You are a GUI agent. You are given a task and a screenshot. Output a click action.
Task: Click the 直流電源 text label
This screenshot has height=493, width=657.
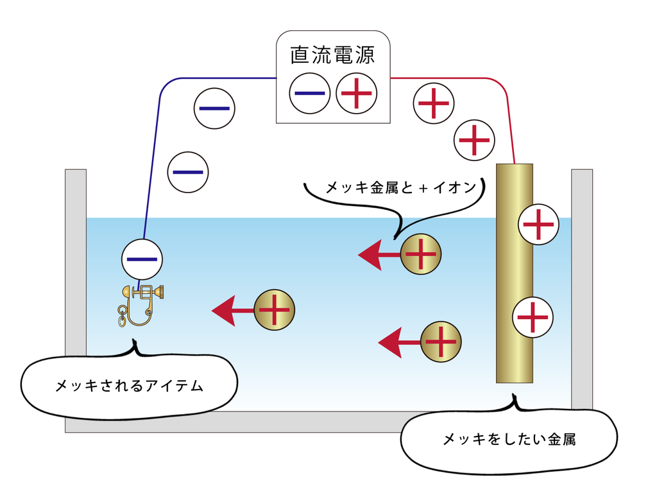pyautogui.click(x=332, y=54)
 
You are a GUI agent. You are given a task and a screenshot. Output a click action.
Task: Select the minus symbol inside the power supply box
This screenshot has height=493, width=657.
pyautogui.click(x=309, y=94)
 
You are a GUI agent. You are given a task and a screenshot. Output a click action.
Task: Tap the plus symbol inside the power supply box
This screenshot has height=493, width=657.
pyautogui.click(x=356, y=94)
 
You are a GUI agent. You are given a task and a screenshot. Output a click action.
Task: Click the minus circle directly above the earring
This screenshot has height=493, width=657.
pyautogui.click(x=142, y=259)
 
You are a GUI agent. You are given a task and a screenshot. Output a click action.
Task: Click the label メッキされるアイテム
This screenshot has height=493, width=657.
pyautogui.click(x=129, y=386)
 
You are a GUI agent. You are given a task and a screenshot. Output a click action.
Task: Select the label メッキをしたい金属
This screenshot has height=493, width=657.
pyautogui.click(x=509, y=440)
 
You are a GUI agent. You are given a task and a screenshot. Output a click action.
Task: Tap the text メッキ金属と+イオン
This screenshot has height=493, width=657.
pyautogui.click(x=402, y=187)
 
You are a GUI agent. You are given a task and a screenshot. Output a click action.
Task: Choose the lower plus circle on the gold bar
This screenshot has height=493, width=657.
pyautogui.click(x=533, y=317)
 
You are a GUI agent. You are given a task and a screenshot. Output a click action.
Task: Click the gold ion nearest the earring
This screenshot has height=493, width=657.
pyautogui.click(x=275, y=311)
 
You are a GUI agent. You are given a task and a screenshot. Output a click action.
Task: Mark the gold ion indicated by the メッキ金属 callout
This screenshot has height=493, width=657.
pyautogui.click(x=421, y=254)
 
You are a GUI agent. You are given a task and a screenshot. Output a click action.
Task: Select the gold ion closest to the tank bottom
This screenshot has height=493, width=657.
pyautogui.click(x=441, y=342)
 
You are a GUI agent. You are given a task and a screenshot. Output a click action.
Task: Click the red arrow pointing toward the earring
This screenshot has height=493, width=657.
pyautogui.click(x=232, y=311)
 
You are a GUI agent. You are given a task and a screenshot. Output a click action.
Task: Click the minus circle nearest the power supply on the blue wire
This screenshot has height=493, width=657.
pyautogui.click(x=214, y=108)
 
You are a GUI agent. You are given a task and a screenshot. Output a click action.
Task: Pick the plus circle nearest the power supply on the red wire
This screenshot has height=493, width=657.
pyautogui.click(x=433, y=102)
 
